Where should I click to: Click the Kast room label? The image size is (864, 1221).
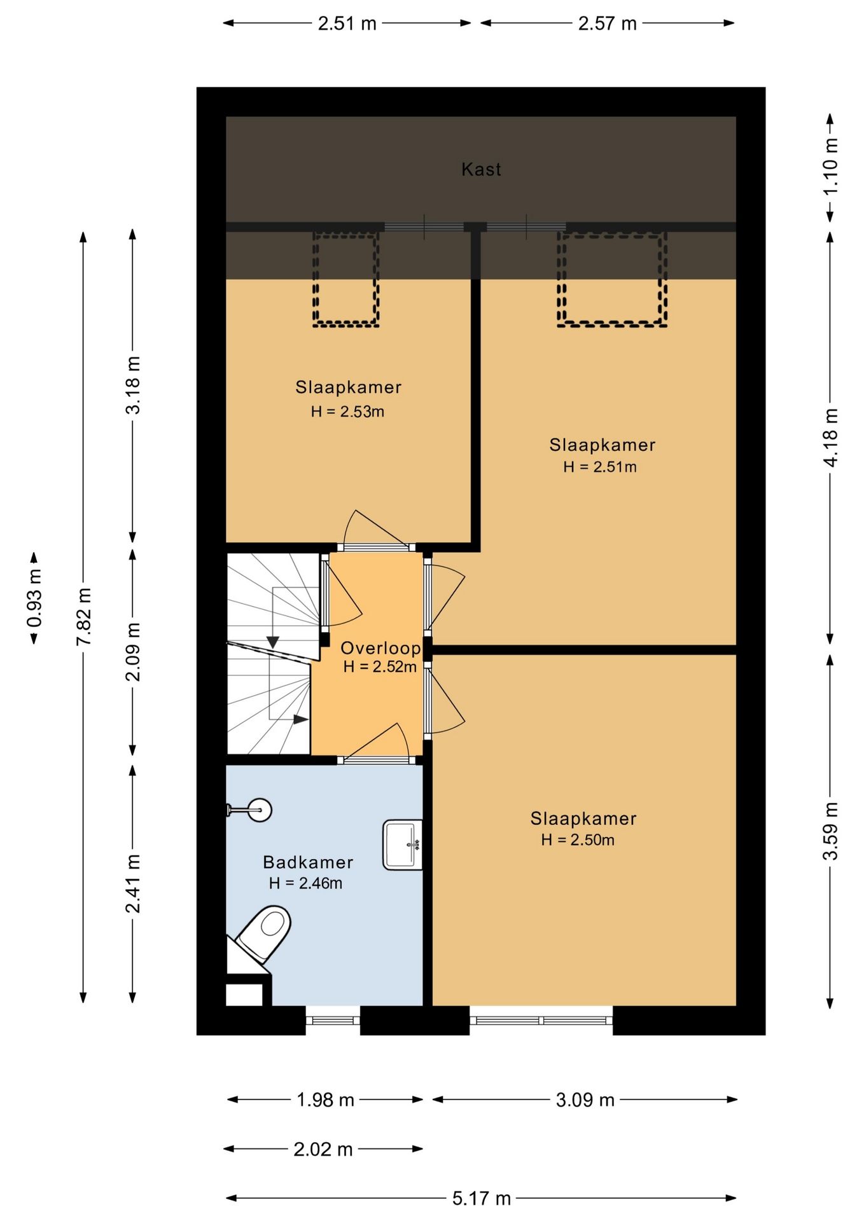(x=481, y=169)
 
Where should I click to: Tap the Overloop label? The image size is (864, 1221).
(x=380, y=648)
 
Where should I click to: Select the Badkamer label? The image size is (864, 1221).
(x=308, y=862)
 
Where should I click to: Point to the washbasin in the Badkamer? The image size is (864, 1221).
(x=403, y=845)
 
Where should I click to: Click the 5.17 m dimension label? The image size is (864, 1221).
(x=482, y=1199)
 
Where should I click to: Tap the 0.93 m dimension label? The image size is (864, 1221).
(x=35, y=598)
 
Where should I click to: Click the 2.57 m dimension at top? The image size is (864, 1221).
(x=607, y=24)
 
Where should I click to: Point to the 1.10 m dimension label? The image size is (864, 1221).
(x=831, y=167)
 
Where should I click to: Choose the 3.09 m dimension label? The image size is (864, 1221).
(x=585, y=1100)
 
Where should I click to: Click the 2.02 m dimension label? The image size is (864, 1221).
(x=323, y=1149)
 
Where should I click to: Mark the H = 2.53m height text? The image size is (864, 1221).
(x=347, y=411)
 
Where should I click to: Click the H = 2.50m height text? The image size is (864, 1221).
(x=578, y=839)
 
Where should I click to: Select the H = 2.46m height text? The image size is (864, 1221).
(x=305, y=883)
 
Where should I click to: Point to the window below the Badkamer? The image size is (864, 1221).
(x=333, y=1020)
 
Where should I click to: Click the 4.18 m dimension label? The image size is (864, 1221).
(x=831, y=438)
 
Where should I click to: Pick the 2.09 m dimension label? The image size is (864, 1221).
(x=132, y=651)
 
